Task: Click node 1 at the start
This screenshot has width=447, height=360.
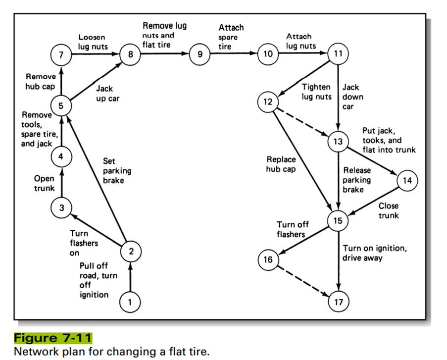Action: click(130, 302)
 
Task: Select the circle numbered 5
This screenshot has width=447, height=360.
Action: click(61, 105)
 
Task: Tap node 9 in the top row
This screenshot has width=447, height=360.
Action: click(200, 54)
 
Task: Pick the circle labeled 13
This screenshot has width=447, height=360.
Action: click(338, 142)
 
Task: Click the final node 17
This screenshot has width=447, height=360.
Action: click(339, 302)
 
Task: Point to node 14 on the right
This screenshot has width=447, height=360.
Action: click(407, 181)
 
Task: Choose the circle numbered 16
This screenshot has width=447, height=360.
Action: click(268, 259)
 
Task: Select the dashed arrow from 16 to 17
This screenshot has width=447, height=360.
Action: click(303, 280)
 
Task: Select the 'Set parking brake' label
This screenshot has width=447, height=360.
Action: click(117, 170)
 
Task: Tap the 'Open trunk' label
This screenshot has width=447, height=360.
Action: click(44, 183)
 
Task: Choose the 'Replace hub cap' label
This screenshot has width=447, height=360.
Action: click(281, 164)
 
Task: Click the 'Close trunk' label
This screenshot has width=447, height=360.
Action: click(389, 210)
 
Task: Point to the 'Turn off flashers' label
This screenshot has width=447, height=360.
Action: click(293, 229)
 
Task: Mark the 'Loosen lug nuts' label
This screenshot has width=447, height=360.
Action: click(92, 42)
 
